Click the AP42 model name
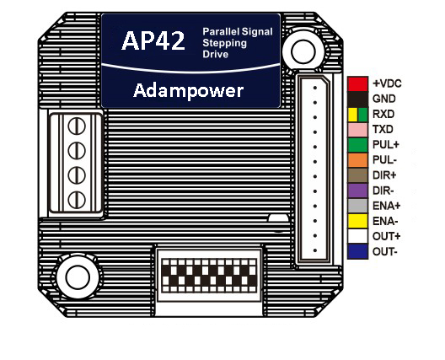[153, 40]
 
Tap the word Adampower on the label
[189, 91]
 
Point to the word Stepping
[225, 44]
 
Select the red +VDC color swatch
[357, 84]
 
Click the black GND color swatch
[357, 99]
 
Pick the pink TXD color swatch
[357, 130]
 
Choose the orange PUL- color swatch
[357, 160]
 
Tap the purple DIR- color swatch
[357, 191]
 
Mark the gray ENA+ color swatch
[357, 206]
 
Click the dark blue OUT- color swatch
[357, 251]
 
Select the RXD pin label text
[383, 114]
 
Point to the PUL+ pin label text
[386, 145]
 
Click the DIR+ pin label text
[384, 175]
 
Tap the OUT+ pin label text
[386, 236]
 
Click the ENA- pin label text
[385, 221]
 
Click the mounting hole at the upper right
[303, 52]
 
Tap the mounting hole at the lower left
[78, 277]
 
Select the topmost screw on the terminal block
[77, 126]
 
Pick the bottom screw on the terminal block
[77, 200]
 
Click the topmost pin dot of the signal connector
[314, 88]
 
